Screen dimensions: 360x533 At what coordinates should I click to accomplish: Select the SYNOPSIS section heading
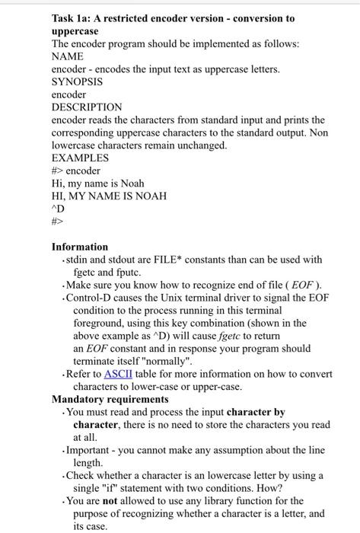77,81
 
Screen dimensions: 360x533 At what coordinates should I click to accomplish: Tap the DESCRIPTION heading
87,107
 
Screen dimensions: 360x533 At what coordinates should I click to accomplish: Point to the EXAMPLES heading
80,158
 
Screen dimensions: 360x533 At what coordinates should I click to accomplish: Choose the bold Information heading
80,247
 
